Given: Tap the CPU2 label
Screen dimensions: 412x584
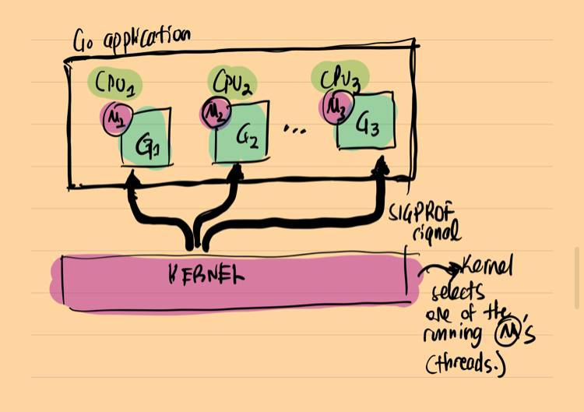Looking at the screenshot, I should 230,80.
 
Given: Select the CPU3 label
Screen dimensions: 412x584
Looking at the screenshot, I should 341,78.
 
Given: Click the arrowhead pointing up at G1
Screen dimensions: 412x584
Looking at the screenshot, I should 129,181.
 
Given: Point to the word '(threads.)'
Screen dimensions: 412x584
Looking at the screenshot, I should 466,364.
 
